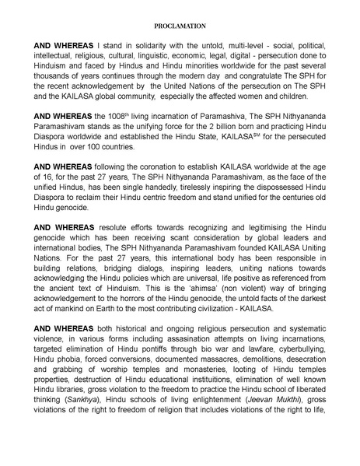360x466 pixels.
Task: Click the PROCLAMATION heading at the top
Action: pyautogui.click(x=180, y=26)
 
